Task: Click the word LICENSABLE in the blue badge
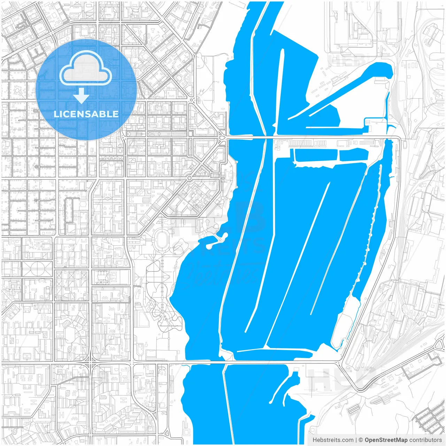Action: pyautogui.click(x=86, y=114)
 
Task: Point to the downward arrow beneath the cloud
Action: pyautogui.click(x=82, y=96)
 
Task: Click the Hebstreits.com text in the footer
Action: pyautogui.click(x=333, y=440)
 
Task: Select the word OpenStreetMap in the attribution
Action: pyautogui.click(x=386, y=440)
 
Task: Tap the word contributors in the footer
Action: pyautogui.click(x=425, y=440)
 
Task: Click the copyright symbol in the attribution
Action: pyautogui.click(x=361, y=440)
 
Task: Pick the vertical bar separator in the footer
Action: pyautogui.click(x=356, y=440)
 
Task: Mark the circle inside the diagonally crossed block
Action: pyautogui.click(x=37, y=269)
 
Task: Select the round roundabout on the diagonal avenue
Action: pyautogui.click(x=189, y=178)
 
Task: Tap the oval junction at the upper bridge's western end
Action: pyautogui.click(x=222, y=138)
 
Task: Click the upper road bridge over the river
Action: pyautogui.click(x=251, y=138)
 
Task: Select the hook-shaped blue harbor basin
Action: pyautogui.click(x=348, y=87)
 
